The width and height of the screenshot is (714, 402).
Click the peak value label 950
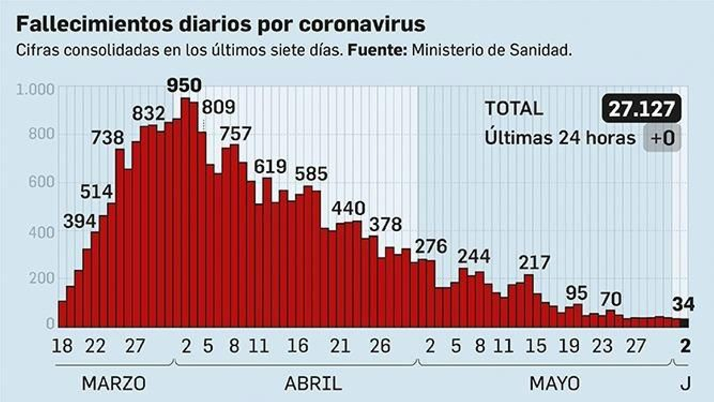(x=184, y=85)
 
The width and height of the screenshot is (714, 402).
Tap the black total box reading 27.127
(x=641, y=109)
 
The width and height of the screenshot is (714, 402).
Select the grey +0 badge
(x=662, y=138)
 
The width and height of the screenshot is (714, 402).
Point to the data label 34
(x=683, y=305)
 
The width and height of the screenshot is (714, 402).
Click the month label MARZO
(x=114, y=383)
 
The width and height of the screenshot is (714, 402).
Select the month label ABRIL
(x=313, y=383)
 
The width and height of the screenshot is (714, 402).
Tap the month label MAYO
(x=555, y=383)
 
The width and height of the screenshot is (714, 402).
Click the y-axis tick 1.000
(x=35, y=90)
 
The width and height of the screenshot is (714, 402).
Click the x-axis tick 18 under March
(x=62, y=346)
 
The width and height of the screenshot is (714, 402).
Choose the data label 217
(x=534, y=263)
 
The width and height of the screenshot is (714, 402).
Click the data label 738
(x=107, y=138)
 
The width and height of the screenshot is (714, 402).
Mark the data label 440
(x=348, y=208)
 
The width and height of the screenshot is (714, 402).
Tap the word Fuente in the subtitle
(x=377, y=50)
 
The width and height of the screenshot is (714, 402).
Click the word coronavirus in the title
(x=362, y=24)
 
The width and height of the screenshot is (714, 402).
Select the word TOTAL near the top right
(x=514, y=109)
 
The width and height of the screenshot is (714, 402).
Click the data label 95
(x=577, y=293)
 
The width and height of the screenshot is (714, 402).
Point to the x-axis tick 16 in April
(x=298, y=346)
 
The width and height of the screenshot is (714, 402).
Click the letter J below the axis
(x=685, y=383)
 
